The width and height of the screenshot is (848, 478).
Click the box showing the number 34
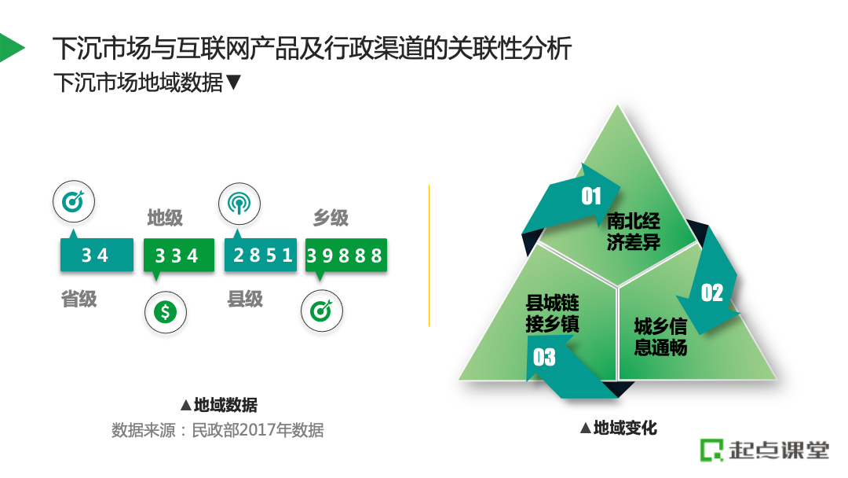pos(97,255)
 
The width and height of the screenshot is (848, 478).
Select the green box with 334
pos(178,255)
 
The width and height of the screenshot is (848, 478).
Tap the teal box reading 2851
pos(261,255)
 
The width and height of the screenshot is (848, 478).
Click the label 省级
pos(79,299)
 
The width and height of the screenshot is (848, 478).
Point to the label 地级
pos(165,218)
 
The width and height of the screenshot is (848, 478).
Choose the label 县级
pos(245,299)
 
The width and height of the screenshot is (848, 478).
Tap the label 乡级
pos(331,218)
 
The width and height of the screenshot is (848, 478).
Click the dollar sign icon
pos(165,312)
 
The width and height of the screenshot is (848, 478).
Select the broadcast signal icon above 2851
pos(239,204)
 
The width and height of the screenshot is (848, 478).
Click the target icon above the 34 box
pos(74,202)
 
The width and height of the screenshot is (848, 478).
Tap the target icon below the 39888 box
pos(322,312)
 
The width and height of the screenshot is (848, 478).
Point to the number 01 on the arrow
pos(590,196)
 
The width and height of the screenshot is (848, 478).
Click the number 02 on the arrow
pos(711,293)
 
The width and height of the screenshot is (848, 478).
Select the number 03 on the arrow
pos(544,358)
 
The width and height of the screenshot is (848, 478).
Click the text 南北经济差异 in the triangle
pos(633,231)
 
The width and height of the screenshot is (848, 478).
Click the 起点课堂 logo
pos(765,450)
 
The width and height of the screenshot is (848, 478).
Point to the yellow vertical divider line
pos(429,256)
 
